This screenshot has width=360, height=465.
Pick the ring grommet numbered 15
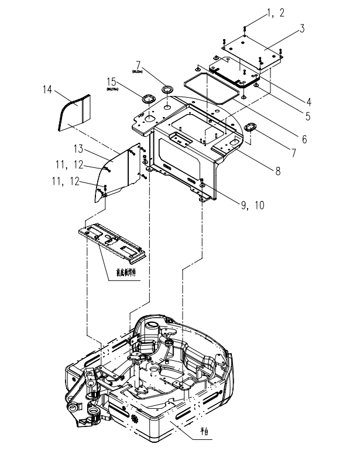145,97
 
